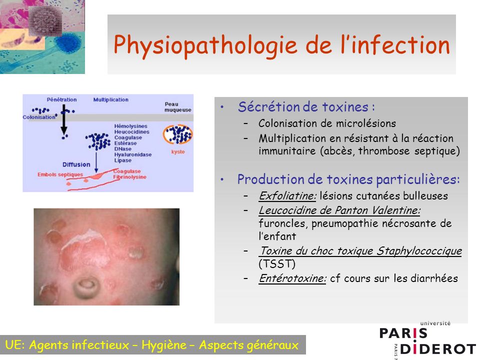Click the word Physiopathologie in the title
205,45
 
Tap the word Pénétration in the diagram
61,99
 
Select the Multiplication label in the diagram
111,99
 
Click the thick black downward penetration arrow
64,119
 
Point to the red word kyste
178,152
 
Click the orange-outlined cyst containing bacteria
177,134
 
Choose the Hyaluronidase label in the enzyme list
133,154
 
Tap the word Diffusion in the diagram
76,164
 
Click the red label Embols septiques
60,174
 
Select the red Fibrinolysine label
130,177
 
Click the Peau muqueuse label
177,107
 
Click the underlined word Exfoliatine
287,195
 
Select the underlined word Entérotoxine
292,278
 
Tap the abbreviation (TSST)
277,264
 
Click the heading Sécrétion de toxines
303,107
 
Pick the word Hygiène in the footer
164,345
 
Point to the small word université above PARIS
435,323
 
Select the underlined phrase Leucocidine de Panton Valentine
339,210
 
